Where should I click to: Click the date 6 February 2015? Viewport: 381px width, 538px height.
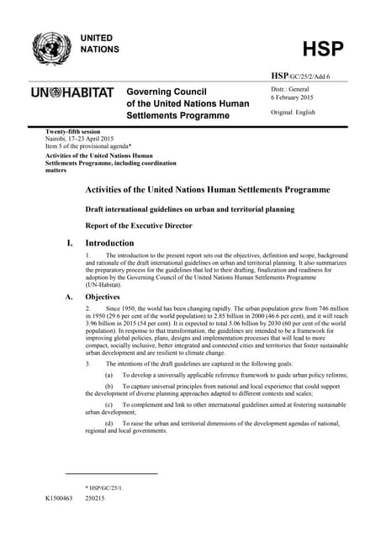point(295,97)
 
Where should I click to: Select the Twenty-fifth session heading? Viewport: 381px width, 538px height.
point(74,133)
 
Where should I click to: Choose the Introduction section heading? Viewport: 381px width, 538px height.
point(114,242)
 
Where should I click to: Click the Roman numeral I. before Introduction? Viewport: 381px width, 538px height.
point(70,242)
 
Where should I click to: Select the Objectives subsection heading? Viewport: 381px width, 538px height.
point(103,297)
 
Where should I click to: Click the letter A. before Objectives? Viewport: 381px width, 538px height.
point(68,297)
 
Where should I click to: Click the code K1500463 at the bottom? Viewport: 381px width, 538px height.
point(61,498)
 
